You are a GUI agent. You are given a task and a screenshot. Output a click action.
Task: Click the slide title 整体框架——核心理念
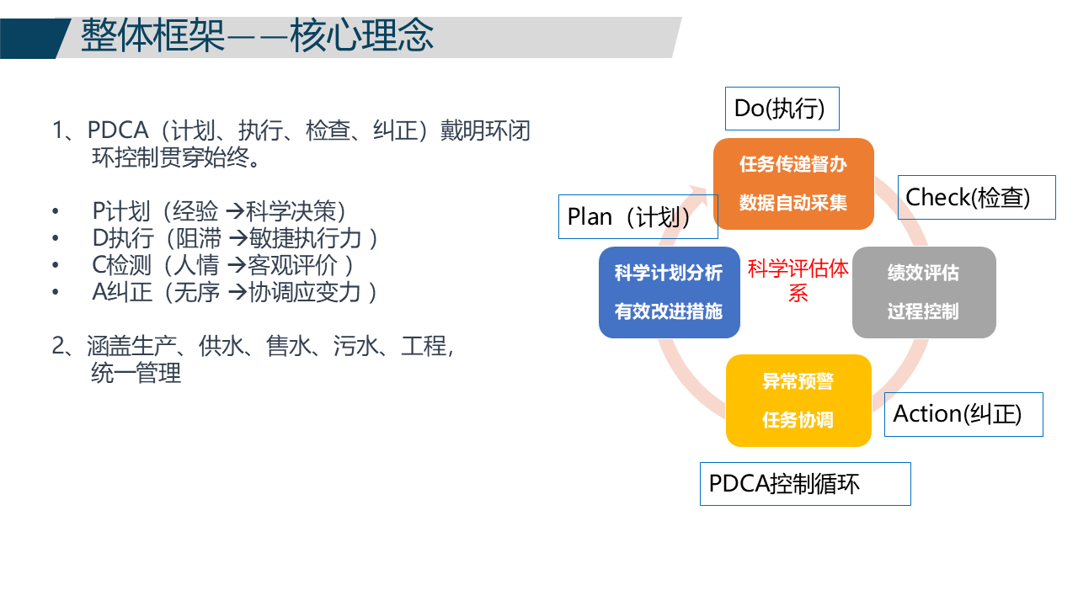click(x=257, y=36)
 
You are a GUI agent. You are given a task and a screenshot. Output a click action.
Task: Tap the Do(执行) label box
click(x=782, y=109)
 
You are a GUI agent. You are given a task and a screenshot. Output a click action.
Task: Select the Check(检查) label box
click(x=975, y=198)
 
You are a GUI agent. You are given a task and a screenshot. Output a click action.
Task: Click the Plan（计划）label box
click(x=638, y=217)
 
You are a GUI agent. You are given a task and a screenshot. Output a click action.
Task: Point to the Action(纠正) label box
click(x=963, y=414)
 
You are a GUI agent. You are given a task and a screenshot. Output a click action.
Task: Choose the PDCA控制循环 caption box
click(x=804, y=484)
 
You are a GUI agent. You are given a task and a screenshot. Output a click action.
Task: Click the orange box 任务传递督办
click(x=793, y=164)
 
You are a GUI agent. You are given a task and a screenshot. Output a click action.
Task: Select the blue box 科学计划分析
click(x=669, y=274)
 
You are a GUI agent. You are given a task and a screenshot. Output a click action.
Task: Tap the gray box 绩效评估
click(x=923, y=274)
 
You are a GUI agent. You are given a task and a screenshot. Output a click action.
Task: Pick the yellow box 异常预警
click(x=798, y=382)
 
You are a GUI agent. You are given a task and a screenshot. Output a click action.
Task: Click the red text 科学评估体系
click(x=798, y=280)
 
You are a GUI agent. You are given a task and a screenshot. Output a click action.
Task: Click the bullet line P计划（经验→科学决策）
click(x=219, y=210)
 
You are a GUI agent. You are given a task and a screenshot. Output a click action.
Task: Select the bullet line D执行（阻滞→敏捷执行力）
click(x=234, y=238)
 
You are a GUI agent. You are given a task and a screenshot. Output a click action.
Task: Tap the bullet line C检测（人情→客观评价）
click(x=223, y=265)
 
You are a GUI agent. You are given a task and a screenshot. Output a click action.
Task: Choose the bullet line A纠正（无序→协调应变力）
click(x=234, y=292)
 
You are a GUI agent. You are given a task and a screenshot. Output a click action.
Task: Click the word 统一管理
click(x=136, y=373)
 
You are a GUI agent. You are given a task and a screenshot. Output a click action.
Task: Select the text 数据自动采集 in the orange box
click(x=793, y=203)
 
